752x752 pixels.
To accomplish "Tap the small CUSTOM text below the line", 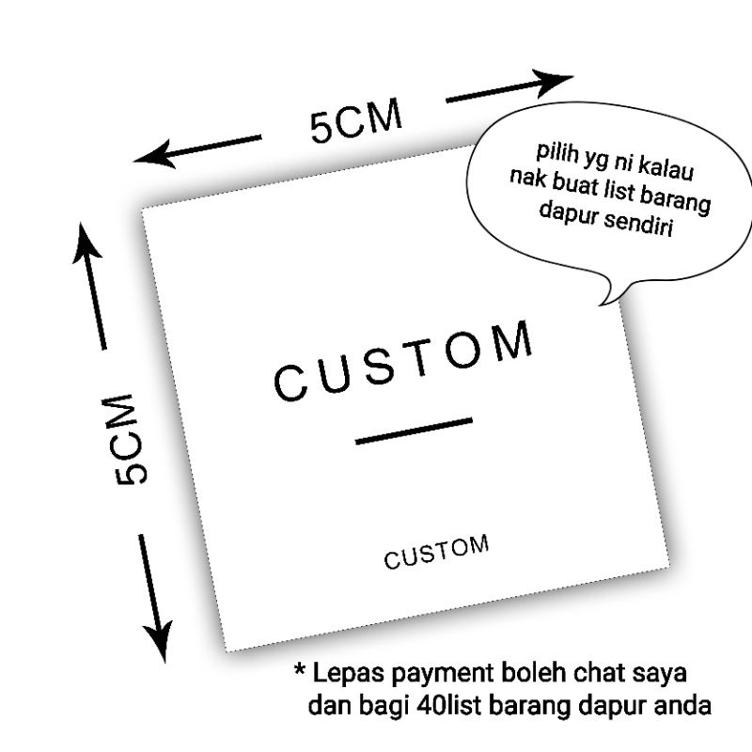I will [436, 554].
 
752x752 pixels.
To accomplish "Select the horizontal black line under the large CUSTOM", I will [414, 431].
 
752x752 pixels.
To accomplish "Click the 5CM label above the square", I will [356, 121].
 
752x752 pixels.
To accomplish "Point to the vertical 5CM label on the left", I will [133, 438].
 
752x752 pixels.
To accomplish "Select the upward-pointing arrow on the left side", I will [88, 246].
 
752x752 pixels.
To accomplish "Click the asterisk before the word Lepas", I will [300, 673].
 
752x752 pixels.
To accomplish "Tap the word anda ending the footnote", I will [681, 705].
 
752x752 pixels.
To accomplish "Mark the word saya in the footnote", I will [661, 675].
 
